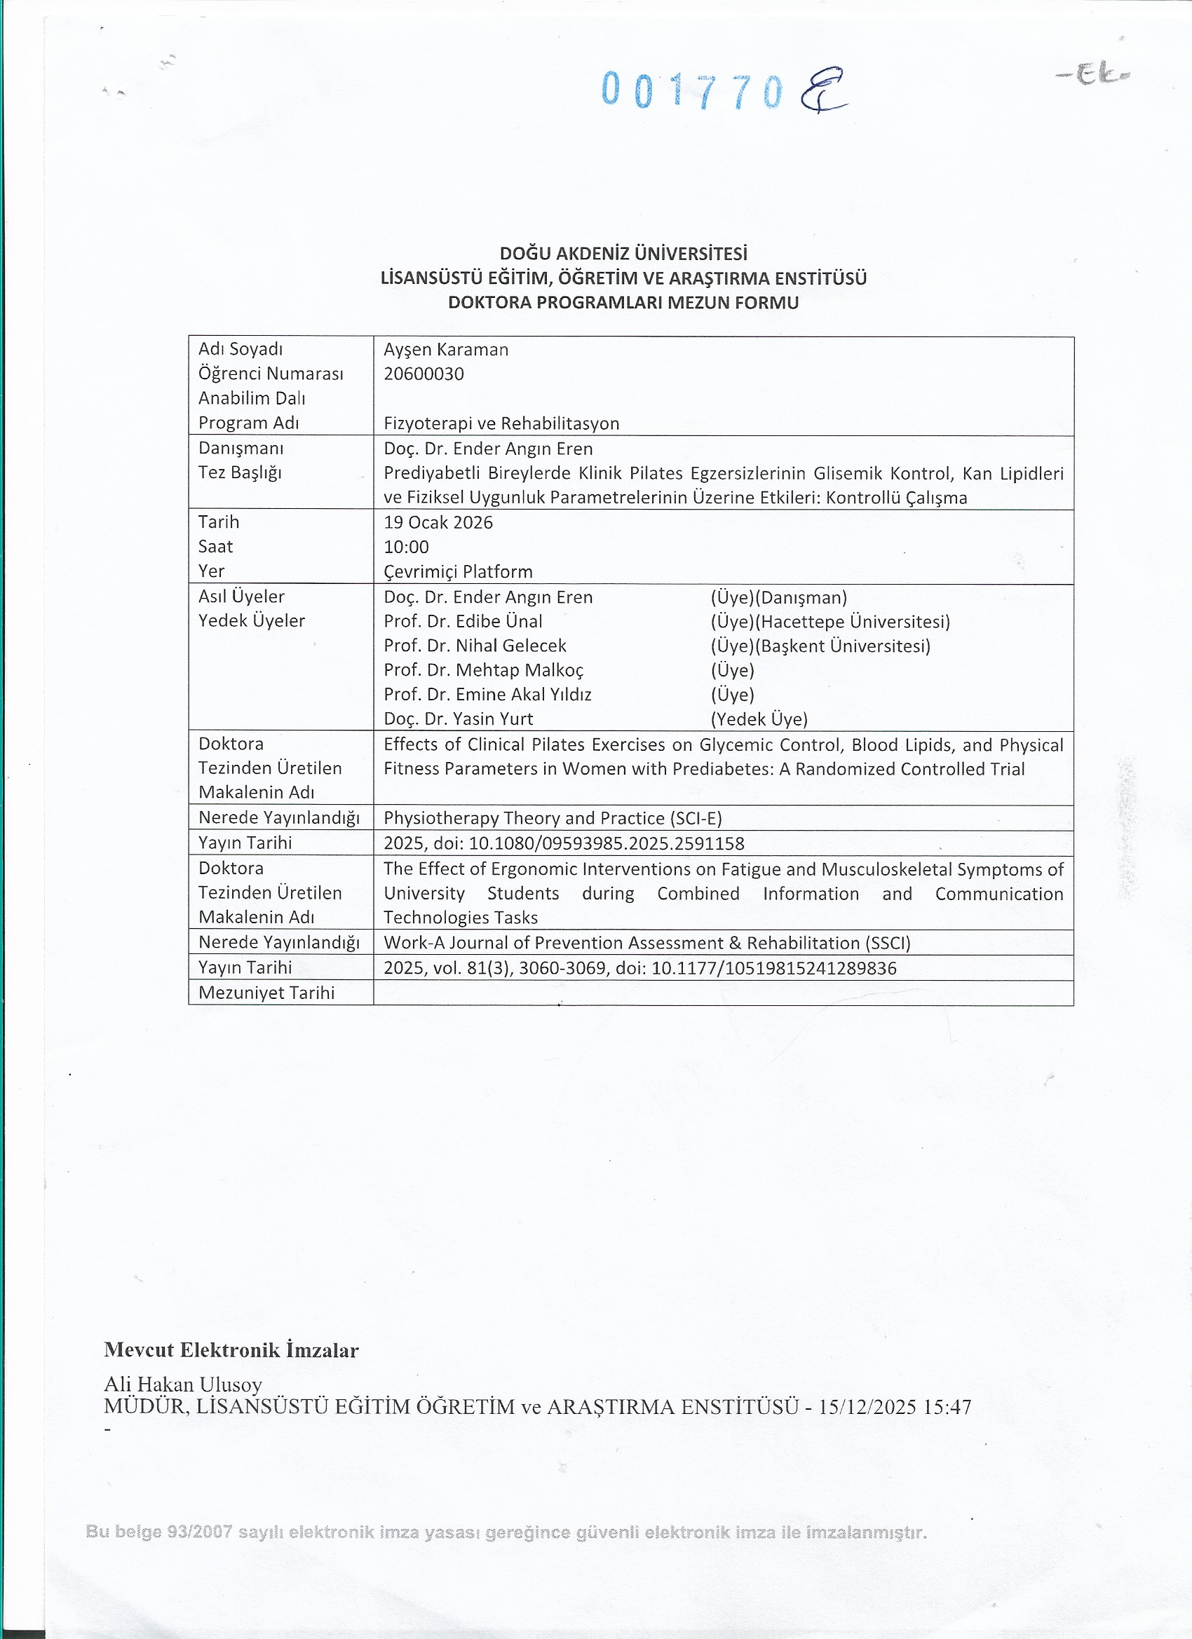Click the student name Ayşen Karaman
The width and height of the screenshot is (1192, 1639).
point(446,350)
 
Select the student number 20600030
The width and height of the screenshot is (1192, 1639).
point(424,374)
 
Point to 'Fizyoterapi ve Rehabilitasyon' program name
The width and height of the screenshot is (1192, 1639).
point(501,423)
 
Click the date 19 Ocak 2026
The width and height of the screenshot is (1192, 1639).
point(438,522)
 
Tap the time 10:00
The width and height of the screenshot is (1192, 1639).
point(406,547)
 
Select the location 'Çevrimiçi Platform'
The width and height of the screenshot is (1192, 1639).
point(458,571)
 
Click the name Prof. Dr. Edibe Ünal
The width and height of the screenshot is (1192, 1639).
point(463,622)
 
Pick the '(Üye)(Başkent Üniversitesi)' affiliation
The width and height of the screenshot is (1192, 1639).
point(820,646)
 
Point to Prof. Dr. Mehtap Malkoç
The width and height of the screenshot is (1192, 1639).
point(483,670)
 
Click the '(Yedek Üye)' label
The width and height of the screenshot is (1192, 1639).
point(759,719)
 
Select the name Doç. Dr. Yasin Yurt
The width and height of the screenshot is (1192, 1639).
point(459,719)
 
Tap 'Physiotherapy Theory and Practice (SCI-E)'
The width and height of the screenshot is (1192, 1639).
point(553,818)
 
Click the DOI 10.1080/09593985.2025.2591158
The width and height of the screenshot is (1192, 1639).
point(607,843)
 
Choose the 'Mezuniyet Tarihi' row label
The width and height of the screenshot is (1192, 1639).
point(266,993)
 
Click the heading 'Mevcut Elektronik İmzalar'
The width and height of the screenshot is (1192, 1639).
point(231,1350)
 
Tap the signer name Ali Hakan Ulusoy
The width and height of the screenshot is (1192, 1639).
point(183,1384)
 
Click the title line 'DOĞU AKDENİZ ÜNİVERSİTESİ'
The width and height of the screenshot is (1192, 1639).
point(623,254)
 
